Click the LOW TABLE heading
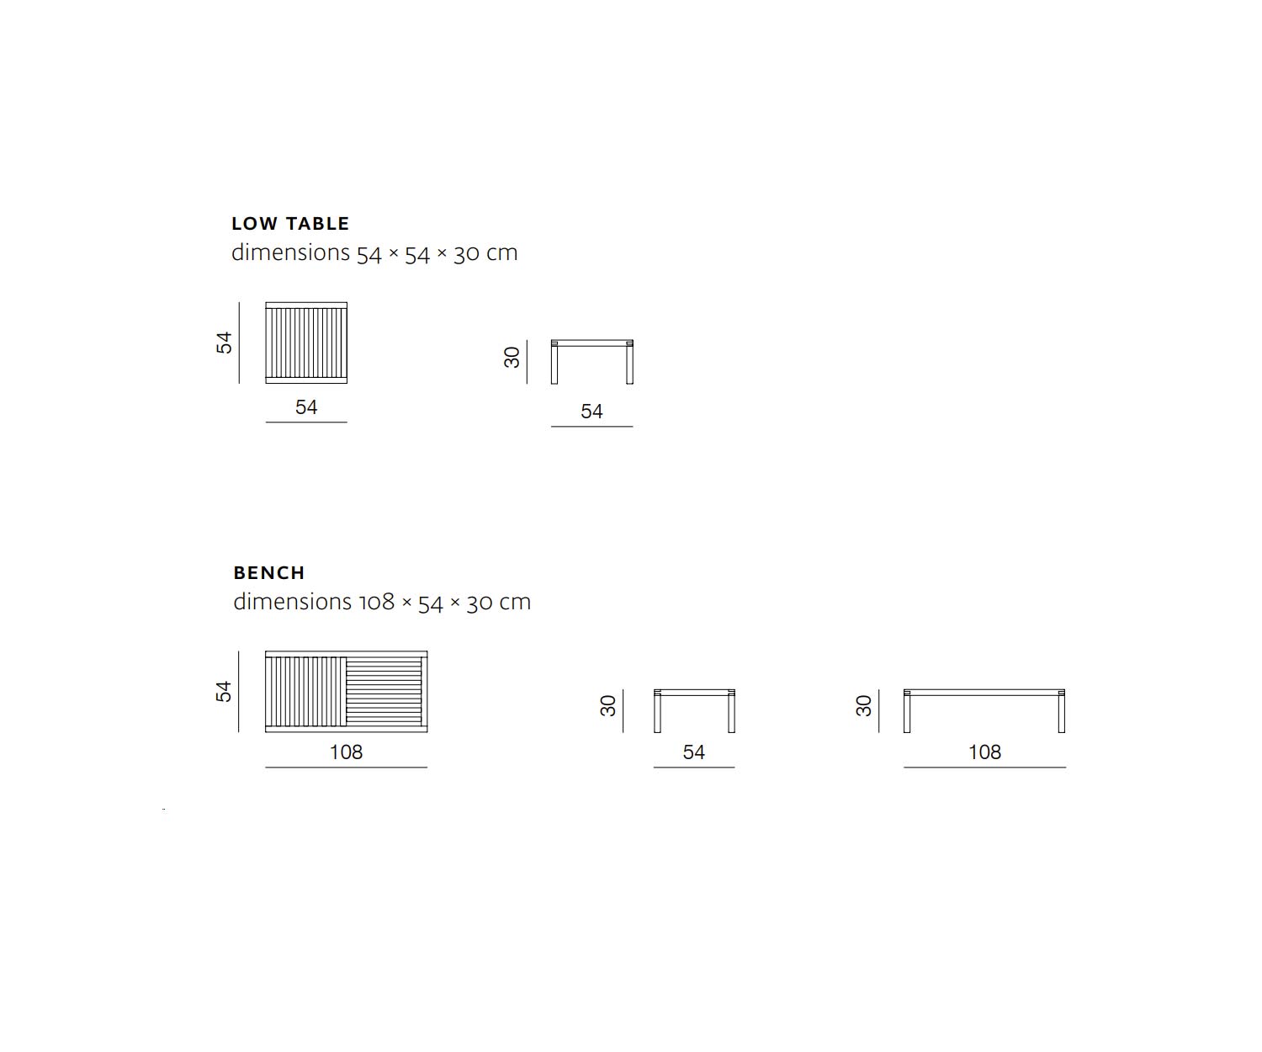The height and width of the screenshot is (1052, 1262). pos(290,224)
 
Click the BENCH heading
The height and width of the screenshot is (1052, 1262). pos(269,572)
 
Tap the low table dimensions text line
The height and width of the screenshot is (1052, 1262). pos(374,252)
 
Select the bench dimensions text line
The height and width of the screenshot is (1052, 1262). pos(382,603)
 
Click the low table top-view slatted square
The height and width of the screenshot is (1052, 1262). pos(306,343)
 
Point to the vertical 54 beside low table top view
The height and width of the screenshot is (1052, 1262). pos(224,343)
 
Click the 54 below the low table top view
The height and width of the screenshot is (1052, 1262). pos(306,406)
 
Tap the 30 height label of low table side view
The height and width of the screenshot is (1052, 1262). pos(512,358)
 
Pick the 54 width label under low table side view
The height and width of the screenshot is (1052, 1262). pos(591,412)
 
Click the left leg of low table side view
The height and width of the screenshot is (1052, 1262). pos(554,362)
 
